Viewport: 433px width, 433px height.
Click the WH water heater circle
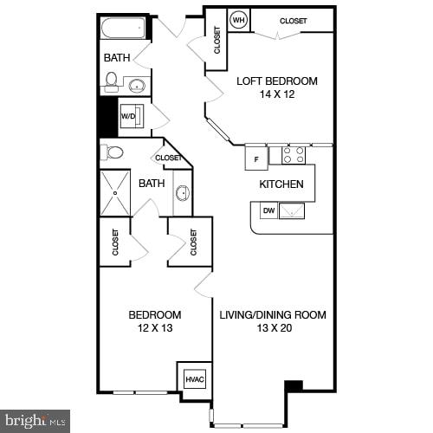(x=239, y=20)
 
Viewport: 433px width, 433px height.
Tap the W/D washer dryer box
(x=128, y=115)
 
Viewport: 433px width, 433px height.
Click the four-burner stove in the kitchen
(x=294, y=154)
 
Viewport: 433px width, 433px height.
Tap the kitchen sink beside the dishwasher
(x=292, y=210)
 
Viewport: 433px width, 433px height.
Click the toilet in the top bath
(x=111, y=81)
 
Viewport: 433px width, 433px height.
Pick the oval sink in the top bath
(x=137, y=85)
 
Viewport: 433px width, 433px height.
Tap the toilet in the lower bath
(x=113, y=152)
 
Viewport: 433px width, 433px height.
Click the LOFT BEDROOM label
(x=277, y=81)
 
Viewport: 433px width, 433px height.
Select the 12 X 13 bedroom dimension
(x=154, y=327)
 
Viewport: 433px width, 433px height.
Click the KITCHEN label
(x=281, y=184)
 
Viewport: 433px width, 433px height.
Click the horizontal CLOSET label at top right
(x=294, y=20)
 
